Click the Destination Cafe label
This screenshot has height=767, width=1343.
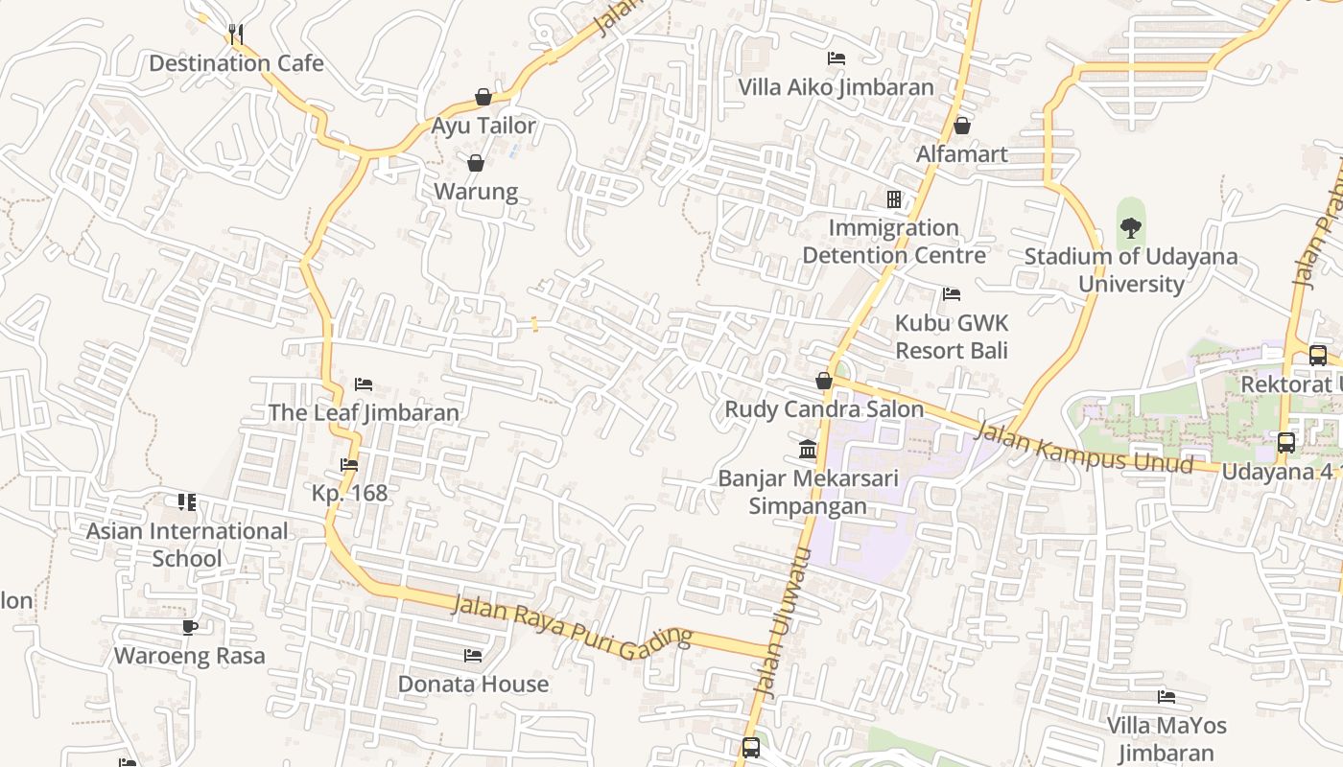coord(236,63)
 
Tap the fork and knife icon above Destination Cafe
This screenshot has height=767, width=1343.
coord(236,35)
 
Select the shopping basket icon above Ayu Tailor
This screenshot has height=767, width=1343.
coord(483,97)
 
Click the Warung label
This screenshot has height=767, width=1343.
coord(476,191)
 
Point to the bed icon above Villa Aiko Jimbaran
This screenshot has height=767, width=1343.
coord(836,58)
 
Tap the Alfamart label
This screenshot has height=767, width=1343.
coord(961,153)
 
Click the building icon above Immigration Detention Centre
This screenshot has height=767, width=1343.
coord(894,199)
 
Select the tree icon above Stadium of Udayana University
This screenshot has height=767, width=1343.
coord(1131,228)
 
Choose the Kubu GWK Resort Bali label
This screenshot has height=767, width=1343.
coord(952,337)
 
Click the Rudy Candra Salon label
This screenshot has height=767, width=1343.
coord(824,409)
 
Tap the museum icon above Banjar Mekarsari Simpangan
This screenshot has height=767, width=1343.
coord(808,449)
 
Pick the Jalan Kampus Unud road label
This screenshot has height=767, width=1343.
coord(1084,448)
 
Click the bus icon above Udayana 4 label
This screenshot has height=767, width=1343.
coord(1286,443)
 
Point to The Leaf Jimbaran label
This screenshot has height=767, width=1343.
coord(364,412)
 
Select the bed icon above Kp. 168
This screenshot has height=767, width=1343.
coord(349,465)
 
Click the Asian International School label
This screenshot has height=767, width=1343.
coord(187,545)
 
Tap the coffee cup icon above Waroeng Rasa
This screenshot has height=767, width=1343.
coord(190,627)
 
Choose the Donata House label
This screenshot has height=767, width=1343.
coord(473,684)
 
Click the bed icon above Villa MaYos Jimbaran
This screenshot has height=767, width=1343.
coord(1166,697)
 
